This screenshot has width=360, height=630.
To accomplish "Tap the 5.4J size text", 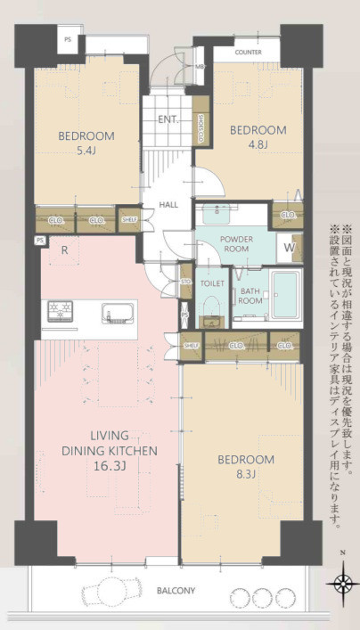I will pos(86,151).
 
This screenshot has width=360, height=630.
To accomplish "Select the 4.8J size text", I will pos(258,144).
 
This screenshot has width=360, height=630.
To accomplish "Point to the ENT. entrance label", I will pos(168,119).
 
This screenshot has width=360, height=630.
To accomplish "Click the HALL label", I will pos(168,205).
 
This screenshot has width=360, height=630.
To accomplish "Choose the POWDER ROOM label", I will pos(236,244).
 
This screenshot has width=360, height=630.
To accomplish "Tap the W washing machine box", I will pos(290,248).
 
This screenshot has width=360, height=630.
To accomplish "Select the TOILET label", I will pos(212,282).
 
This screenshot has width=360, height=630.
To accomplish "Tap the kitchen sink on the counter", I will pos(118,313).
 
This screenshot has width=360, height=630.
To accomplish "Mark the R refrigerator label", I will pos(65,250).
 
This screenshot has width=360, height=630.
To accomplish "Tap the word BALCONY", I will pos(177,591).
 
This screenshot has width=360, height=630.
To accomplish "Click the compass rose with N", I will pos(342,584).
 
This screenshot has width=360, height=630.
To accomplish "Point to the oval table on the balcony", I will pos(111,592).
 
